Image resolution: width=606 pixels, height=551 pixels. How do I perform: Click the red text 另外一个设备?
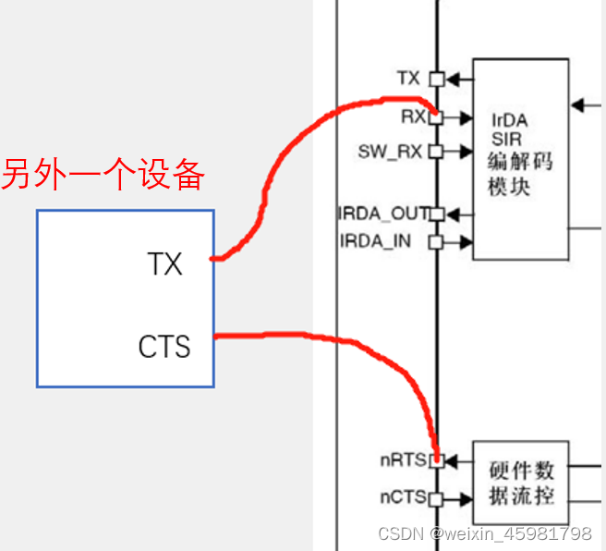103,175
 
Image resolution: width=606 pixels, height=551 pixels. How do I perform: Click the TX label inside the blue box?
165,264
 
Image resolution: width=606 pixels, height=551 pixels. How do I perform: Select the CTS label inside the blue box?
164,347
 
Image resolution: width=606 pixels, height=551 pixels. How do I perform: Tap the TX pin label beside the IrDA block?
408,79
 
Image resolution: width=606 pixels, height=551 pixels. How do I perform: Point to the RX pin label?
412,116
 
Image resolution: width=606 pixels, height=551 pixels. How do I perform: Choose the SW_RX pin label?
390,151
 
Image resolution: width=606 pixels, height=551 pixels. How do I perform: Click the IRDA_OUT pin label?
382,214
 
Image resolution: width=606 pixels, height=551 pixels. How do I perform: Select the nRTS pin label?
403,459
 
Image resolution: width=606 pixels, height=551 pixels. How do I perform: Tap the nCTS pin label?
403,497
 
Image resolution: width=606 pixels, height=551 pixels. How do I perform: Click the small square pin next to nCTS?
436,498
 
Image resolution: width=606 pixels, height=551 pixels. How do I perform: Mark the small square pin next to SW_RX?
436,151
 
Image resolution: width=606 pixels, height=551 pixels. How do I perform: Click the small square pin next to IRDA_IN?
436,242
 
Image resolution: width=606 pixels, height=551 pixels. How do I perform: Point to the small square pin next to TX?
436,80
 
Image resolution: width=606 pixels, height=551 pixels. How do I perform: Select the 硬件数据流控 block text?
522,483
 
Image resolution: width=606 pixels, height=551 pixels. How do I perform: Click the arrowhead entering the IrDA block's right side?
577,104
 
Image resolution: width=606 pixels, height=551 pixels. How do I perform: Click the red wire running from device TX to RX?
277,176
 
